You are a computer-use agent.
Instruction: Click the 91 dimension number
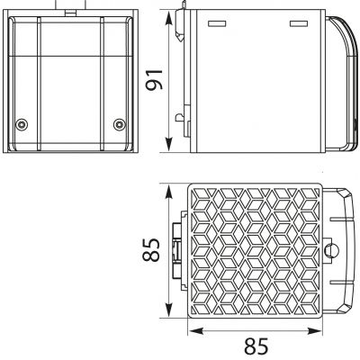coord(154,80)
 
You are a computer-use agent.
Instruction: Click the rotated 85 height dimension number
coord(150,249)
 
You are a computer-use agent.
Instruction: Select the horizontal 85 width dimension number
coord(256,346)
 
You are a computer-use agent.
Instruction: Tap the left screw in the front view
coord(22,124)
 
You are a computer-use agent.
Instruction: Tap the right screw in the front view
coord(120,124)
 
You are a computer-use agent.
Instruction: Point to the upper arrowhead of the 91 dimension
coord(169,19)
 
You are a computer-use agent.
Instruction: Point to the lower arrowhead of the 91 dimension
coord(169,144)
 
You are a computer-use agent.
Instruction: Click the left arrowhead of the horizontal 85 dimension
coord(196,331)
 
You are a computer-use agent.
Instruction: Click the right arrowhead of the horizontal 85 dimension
coord(314,331)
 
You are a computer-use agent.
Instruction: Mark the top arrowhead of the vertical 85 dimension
coord(169,193)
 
